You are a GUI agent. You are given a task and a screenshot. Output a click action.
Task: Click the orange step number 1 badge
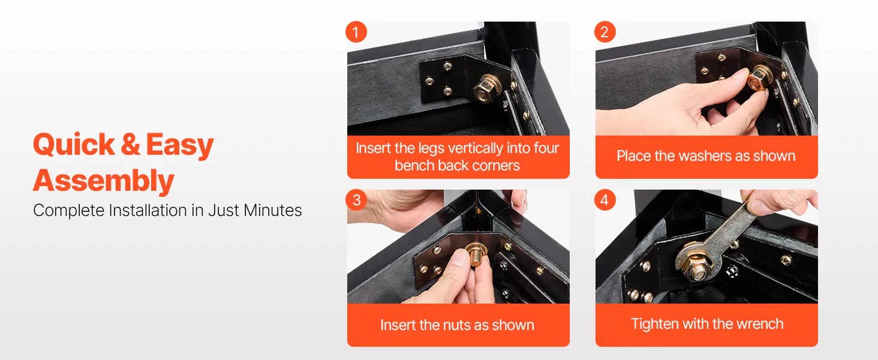356,32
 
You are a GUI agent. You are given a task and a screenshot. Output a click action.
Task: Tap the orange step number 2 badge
605,32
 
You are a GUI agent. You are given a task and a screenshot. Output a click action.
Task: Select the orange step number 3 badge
356,200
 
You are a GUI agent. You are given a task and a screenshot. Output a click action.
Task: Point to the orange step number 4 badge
605,200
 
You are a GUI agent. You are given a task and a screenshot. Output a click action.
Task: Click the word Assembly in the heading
104,181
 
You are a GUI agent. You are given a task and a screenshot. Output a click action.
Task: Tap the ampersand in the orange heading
131,145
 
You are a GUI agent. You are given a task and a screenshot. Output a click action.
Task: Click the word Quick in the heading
74,145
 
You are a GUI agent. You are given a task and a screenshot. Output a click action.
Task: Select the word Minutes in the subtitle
272,210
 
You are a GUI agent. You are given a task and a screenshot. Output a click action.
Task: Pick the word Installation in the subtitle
148,210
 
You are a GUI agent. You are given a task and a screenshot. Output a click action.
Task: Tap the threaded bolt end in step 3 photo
477,256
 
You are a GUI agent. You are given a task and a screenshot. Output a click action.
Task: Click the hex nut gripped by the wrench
696,266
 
